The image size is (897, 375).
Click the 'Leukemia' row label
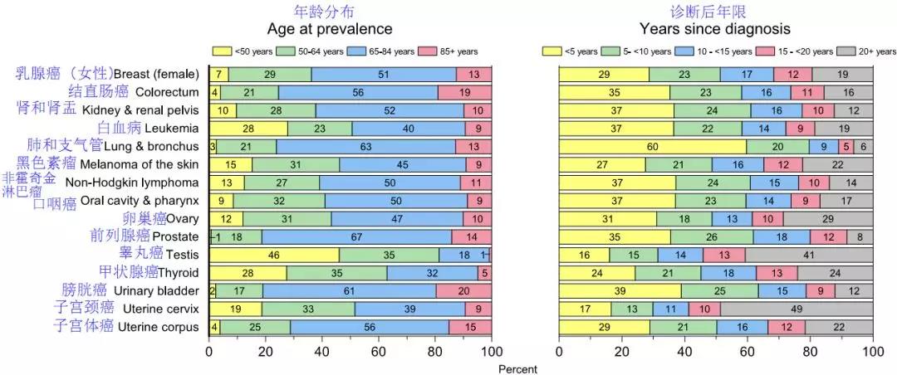tap(171, 129)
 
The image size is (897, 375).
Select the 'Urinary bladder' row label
tap(156, 290)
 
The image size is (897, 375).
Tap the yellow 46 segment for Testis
tap(273, 255)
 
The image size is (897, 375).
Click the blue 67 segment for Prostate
tap(356, 236)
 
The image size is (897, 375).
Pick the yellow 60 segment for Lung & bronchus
tap(652, 147)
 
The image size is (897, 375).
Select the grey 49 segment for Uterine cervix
tap(796, 309)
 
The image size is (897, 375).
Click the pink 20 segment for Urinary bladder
tap(463, 290)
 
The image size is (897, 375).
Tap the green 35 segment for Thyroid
tap(337, 272)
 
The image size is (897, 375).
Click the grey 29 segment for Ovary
tap(827, 218)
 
